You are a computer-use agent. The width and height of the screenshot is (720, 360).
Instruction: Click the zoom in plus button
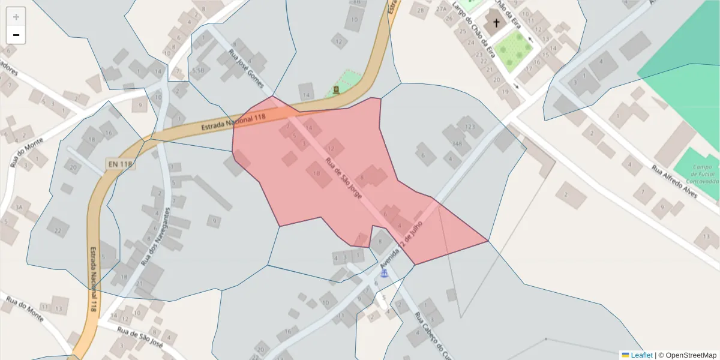[x=16, y=17]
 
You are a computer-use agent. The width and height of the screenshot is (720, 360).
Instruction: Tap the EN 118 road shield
[x=120, y=163]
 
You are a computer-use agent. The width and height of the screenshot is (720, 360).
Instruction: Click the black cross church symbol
[x=496, y=24]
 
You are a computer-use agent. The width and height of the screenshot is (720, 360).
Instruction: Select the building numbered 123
[x=470, y=127]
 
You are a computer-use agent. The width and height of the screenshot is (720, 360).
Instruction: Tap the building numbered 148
[x=457, y=143]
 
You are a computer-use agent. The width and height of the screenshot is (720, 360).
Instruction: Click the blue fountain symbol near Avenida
[x=384, y=273]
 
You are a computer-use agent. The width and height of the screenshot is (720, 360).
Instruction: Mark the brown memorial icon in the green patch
[x=336, y=90]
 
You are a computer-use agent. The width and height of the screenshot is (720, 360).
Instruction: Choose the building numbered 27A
[x=442, y=9]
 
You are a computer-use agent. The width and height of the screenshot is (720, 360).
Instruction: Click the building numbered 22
[x=58, y=230]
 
